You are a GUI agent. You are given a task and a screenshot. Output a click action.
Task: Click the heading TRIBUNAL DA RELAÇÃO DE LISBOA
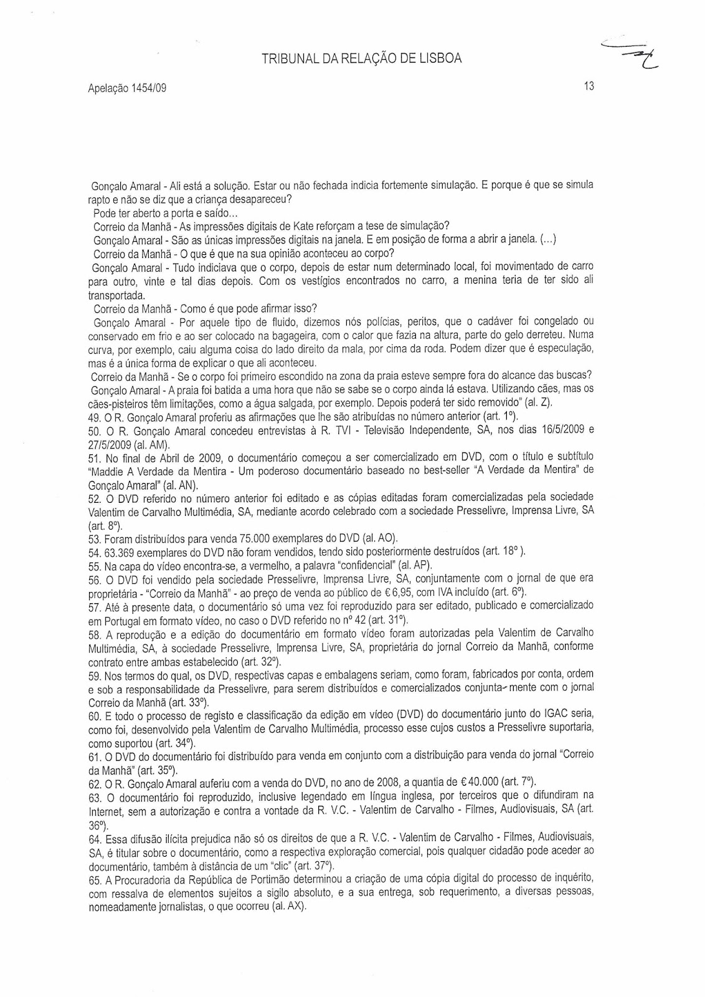(362, 59)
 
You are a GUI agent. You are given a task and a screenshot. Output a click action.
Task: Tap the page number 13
(589, 87)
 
